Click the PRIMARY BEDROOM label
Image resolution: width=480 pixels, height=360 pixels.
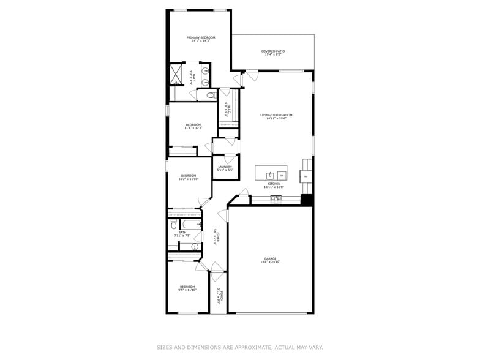[201, 37]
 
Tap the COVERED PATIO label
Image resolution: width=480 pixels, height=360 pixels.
[272, 51]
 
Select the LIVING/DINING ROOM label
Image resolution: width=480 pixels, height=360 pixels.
[276, 115]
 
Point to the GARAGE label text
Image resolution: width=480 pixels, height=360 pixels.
[270, 258]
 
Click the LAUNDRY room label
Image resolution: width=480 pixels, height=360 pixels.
[225, 167]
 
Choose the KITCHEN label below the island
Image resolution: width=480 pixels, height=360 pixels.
[273, 184]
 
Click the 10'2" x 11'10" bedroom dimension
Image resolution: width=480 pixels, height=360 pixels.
[187, 179]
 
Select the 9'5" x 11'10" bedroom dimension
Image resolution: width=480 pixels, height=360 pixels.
[187, 290]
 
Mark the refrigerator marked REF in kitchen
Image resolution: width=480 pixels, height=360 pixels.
[306, 176]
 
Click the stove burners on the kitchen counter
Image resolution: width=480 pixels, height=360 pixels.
[276, 198]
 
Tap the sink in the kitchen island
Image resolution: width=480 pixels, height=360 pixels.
[270, 175]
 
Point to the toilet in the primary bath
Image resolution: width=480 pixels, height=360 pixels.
[210, 96]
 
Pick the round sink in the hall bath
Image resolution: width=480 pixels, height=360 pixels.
[195, 247]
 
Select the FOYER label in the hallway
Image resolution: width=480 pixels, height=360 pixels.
[215, 236]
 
